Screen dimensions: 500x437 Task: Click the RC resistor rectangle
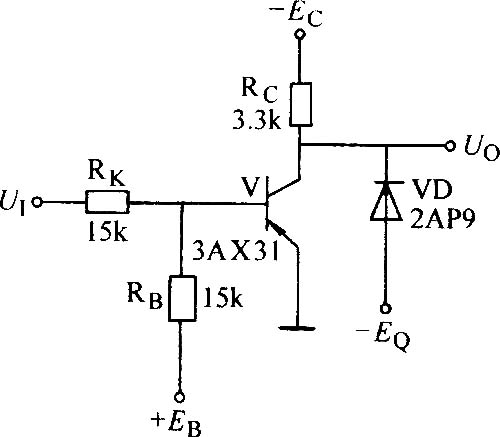301,104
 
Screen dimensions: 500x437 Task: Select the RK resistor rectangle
107,202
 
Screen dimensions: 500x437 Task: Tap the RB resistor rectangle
182,298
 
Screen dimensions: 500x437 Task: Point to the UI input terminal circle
37,202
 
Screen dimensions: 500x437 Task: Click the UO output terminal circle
450,146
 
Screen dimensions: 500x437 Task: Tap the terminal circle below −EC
300,34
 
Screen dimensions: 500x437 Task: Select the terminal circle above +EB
180,397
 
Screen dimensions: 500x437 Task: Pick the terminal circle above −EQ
386,309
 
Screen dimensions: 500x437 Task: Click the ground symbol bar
297,328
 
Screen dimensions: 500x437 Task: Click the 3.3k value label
257,121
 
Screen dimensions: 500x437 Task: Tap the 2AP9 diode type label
442,219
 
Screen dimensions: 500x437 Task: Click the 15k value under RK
107,231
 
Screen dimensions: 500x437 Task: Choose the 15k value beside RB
223,298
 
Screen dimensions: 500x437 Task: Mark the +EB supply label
176,423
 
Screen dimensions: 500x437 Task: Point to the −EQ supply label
383,336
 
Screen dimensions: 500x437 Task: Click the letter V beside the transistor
252,186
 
